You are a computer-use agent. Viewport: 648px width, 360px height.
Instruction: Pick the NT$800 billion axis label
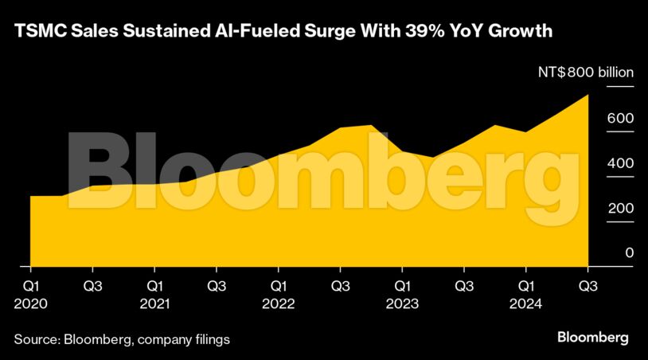coord(585,72)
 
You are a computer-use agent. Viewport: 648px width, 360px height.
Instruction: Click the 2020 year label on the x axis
coord(31,303)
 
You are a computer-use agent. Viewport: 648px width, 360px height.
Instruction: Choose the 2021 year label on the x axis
coord(154,303)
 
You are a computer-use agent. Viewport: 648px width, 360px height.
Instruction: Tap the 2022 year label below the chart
coord(279,303)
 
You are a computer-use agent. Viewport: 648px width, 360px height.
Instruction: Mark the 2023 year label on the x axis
coord(402,303)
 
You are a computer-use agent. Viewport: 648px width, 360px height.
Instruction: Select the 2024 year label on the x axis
coord(525,303)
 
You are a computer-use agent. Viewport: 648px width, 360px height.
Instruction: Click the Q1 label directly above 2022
coord(279,284)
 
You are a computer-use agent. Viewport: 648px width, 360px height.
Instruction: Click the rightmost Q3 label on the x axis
coord(588,284)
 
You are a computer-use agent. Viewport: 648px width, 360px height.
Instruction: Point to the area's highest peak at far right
coord(587,96)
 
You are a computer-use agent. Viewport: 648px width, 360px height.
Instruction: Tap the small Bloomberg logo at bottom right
coord(592,338)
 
